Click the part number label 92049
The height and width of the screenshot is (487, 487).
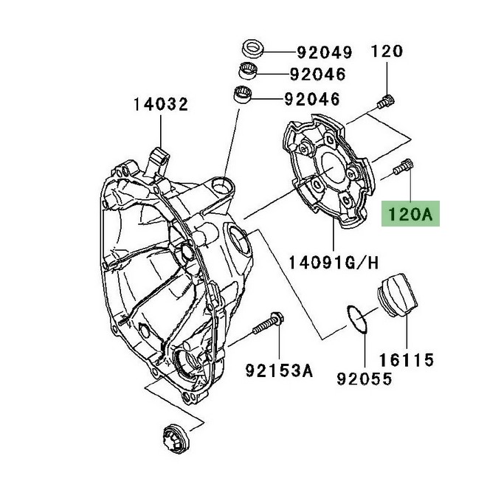point(324,52)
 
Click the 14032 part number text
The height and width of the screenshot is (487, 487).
point(160,104)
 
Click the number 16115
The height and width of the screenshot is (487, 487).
point(407,362)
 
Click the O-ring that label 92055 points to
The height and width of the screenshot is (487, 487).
point(357,324)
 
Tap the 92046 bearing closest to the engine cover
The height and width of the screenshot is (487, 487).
point(243,95)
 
